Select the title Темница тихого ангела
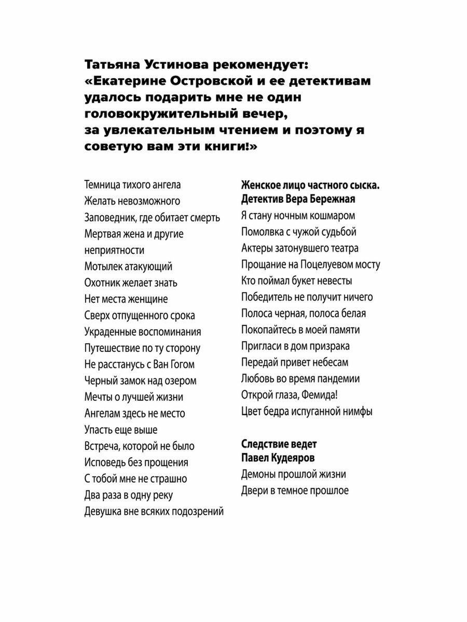132,185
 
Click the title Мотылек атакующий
128,266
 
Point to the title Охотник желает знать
131,283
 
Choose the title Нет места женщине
126,299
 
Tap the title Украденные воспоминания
143,332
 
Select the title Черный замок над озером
141,381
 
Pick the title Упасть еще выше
121,430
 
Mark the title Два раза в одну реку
129,495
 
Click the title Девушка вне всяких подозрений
154,512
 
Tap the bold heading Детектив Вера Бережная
298,200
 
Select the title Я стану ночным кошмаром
298,216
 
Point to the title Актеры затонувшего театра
300,248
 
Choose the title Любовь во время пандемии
300,379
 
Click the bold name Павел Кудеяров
278,458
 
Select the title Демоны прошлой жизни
294,474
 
